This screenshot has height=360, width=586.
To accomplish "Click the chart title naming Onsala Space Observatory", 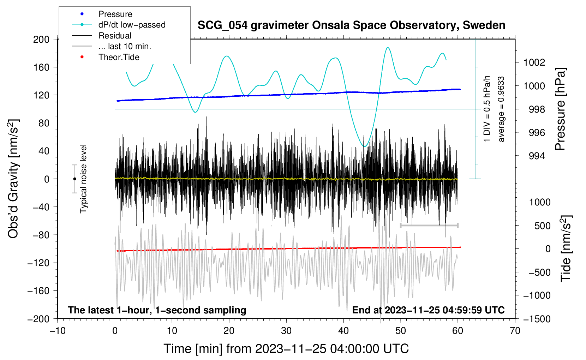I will [351, 25].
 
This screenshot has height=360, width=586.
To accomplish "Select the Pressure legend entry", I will [115, 14].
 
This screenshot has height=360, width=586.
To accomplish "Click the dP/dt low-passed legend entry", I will [132, 25].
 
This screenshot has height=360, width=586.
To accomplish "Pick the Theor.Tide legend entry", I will [119, 57].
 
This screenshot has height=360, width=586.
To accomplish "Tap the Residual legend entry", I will [115, 36].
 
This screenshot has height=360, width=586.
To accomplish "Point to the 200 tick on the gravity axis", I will [41, 39].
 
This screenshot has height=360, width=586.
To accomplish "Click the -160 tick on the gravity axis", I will [38, 291].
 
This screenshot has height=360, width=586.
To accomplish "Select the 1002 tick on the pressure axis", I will [534, 62].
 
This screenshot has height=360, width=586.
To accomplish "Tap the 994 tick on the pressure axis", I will [537, 156].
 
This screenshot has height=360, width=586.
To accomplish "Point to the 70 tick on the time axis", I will [515, 331].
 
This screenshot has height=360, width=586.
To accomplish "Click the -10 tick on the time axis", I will [58, 331].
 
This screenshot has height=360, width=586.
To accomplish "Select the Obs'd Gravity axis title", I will [13, 179].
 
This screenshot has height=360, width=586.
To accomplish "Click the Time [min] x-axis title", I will [286, 349].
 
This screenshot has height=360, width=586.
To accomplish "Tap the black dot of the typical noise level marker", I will [74, 179].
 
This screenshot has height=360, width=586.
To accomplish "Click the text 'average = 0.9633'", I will [501, 109].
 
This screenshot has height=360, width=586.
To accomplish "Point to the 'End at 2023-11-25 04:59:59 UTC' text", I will [428, 310].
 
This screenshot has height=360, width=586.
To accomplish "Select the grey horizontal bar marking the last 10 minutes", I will [429, 225].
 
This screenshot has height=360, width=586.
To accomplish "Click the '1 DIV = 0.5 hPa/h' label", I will [487, 109].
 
